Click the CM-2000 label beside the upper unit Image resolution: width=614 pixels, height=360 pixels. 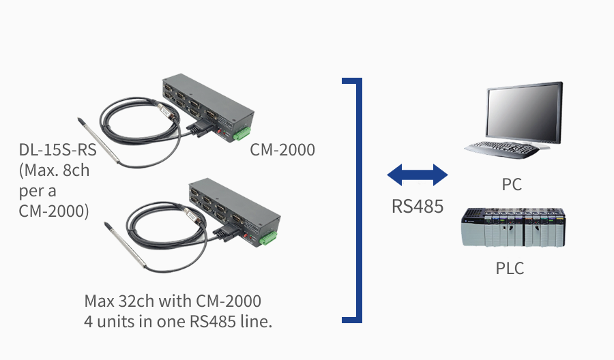282,150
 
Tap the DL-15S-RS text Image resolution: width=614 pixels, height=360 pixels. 57,150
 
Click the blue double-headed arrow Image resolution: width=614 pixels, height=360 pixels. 417,176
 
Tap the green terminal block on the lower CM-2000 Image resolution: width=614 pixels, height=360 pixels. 269,238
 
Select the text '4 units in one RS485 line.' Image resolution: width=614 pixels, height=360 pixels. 178,322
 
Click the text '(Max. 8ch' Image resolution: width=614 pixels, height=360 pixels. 54,170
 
